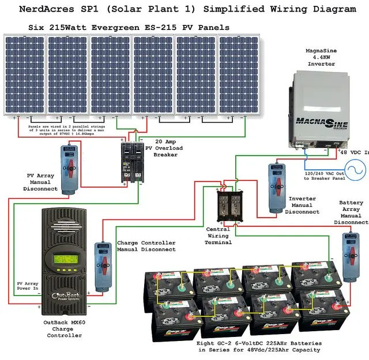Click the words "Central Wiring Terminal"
[x=218, y=236]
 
